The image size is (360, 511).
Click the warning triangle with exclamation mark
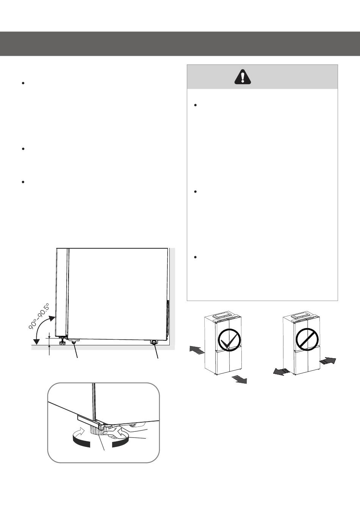[243, 77]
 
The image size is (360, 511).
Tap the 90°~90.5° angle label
[39, 316]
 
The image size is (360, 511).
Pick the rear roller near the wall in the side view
[154, 342]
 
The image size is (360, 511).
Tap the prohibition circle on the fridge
[307, 339]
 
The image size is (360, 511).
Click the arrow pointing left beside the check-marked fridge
[197, 349]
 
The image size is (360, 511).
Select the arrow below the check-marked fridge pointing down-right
[239, 379]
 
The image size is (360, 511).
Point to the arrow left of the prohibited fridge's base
[281, 371]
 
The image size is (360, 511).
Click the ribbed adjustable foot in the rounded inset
[97, 430]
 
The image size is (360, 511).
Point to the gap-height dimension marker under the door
[49, 344]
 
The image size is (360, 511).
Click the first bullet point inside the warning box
[196, 105]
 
